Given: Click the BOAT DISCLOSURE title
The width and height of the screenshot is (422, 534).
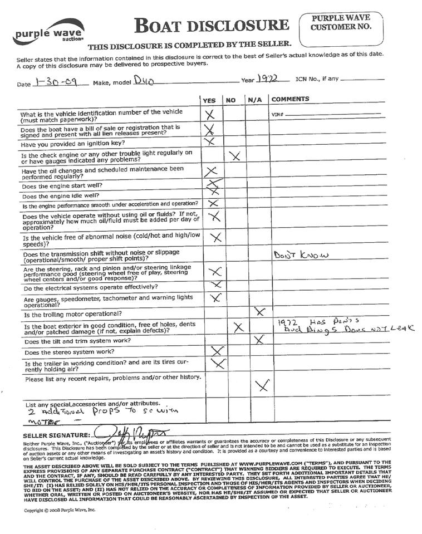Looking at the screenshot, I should [x=212, y=25].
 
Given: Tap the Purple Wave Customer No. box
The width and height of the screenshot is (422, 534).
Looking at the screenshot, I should [x=341, y=29].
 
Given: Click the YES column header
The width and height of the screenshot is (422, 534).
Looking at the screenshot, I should [x=209, y=100].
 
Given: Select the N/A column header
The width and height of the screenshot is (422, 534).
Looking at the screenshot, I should [x=255, y=100].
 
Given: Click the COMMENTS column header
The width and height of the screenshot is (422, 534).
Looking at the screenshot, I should [x=289, y=100].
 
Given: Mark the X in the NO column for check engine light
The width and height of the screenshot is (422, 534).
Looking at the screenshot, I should [x=235, y=156].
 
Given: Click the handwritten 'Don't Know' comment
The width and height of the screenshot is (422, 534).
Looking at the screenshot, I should [x=301, y=255].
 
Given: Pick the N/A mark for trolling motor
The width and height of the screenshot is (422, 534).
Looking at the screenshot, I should [x=259, y=311].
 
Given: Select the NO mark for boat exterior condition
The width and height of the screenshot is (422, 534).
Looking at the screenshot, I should [x=239, y=327].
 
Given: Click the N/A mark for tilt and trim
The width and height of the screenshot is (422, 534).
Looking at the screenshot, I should [x=258, y=339].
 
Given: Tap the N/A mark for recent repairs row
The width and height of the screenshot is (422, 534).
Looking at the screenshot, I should [x=262, y=385].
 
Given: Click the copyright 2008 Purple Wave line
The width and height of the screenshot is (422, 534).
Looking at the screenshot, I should [x=60, y=509].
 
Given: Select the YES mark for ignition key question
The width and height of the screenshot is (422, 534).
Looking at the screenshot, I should [x=210, y=141].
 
